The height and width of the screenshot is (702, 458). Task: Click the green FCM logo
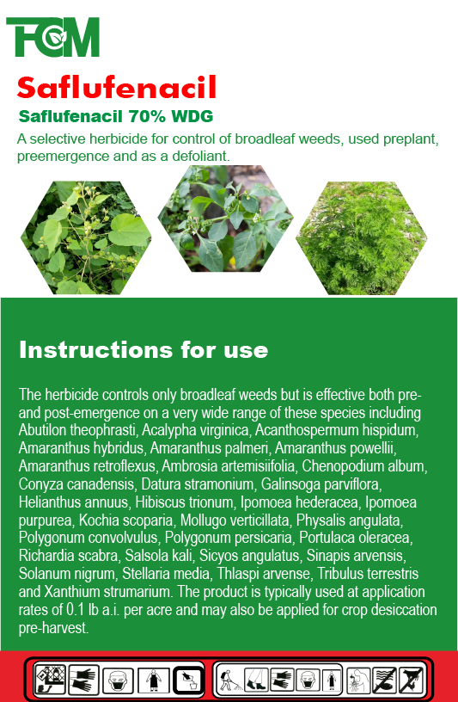click(x=52, y=37)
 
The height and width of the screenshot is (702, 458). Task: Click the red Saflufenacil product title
click(x=117, y=87)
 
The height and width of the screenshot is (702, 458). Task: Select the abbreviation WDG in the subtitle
click(x=192, y=116)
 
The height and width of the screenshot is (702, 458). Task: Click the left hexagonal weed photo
click(x=86, y=237)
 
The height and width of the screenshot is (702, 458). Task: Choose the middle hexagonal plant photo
click(x=225, y=219)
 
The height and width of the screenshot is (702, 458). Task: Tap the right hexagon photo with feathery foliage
click(x=361, y=237)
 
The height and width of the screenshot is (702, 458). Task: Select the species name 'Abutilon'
click(x=42, y=430)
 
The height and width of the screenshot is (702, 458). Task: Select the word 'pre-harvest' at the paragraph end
click(x=52, y=628)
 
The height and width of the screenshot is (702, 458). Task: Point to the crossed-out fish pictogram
click(x=385, y=680)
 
